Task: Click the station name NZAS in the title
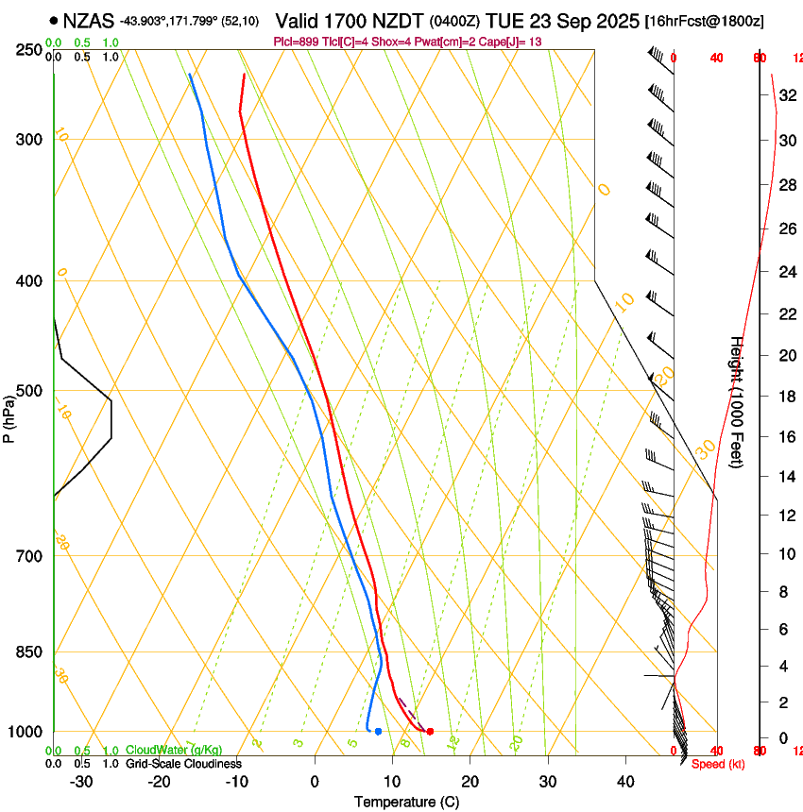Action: click(x=88, y=19)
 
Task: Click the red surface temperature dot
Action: click(x=430, y=731)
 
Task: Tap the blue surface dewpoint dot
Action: click(x=378, y=731)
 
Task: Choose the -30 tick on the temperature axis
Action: click(x=81, y=782)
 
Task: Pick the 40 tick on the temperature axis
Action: click(x=625, y=782)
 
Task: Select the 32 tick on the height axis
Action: click(x=786, y=95)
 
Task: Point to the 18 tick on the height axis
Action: click(x=786, y=397)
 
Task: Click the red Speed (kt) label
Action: click(x=717, y=764)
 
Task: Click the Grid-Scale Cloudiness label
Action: click(x=183, y=763)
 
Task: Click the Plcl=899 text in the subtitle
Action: click(x=297, y=42)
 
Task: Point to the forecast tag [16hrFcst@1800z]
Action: click(x=705, y=20)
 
